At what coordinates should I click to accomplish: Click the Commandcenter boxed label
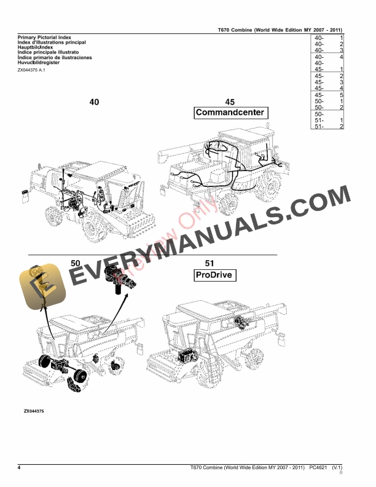click(230, 113)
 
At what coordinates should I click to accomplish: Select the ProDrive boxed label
click(213, 275)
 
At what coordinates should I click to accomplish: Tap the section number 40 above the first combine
click(94, 102)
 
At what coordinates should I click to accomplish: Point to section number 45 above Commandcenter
click(230, 102)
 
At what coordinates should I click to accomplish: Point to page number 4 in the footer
click(20, 469)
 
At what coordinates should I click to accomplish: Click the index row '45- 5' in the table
click(327, 95)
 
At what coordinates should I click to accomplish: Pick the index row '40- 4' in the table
click(327, 57)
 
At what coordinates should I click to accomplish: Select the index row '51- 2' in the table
click(327, 126)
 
